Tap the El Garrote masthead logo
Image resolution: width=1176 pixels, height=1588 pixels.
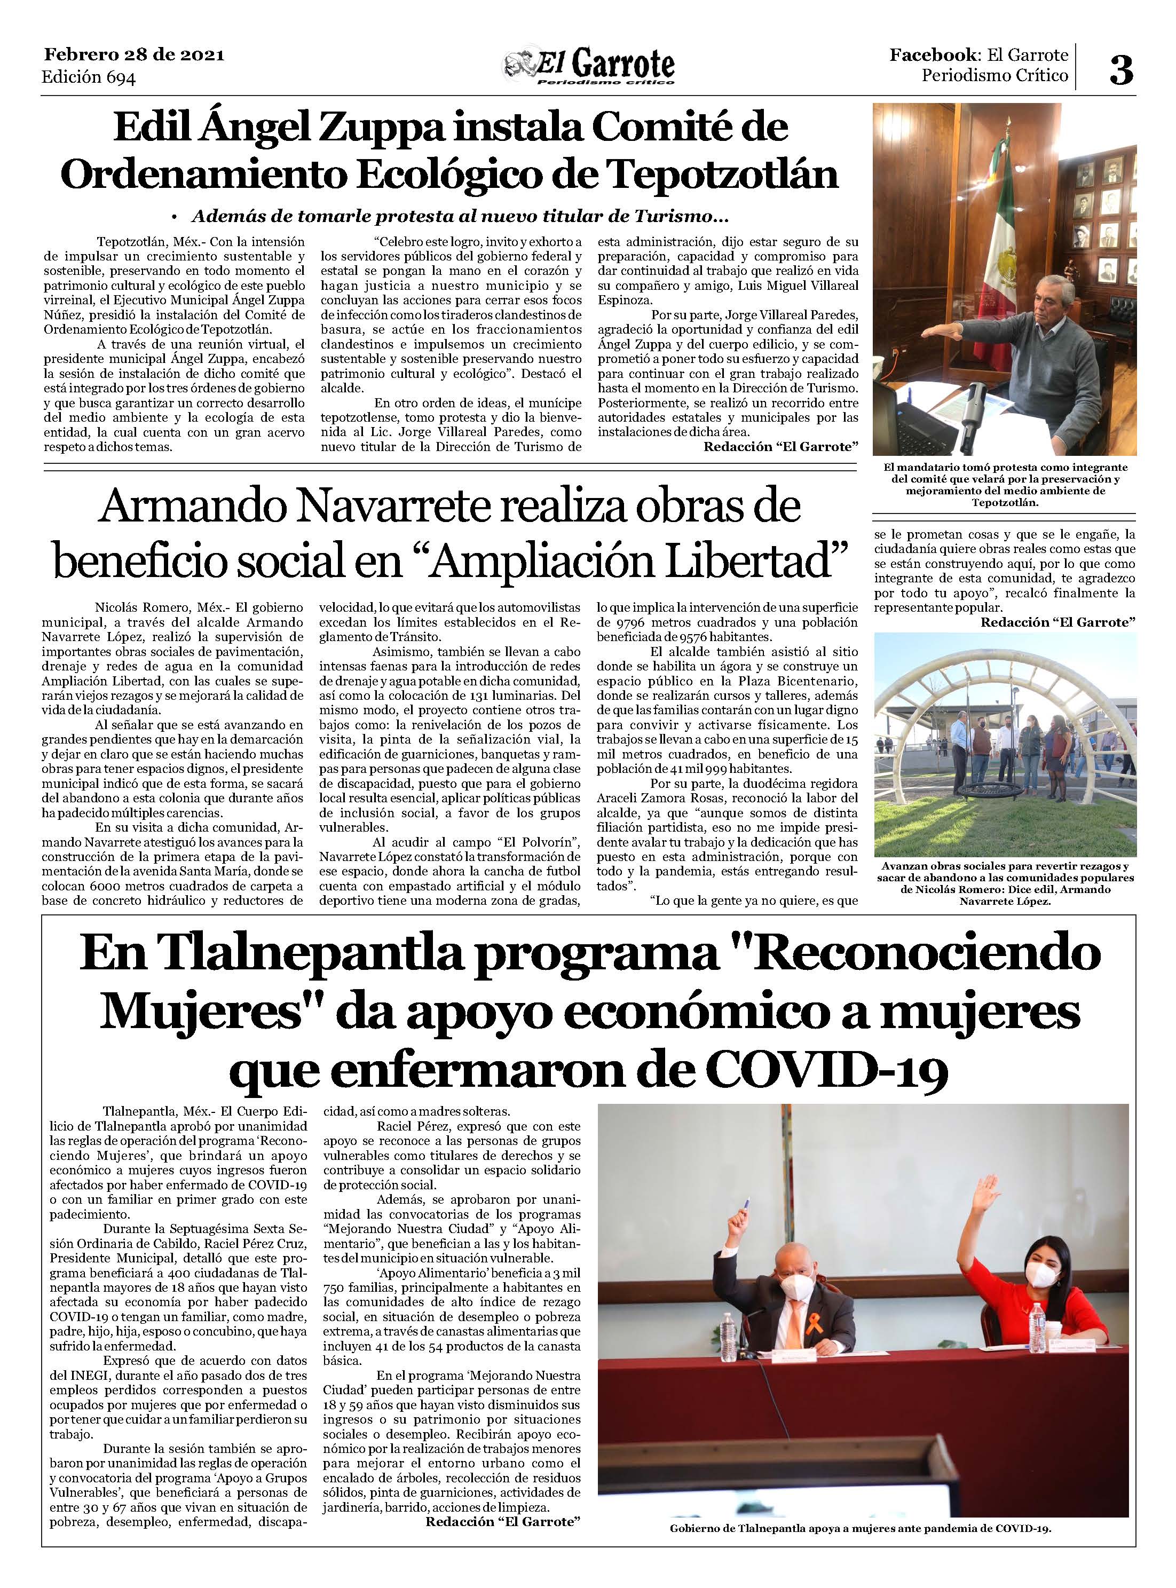(589, 68)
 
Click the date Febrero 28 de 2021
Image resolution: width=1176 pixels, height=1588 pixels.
(134, 55)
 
